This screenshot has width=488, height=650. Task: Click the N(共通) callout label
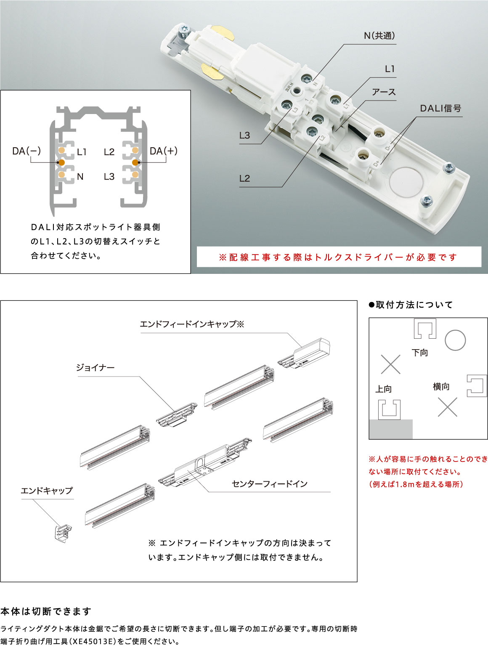pos(379,36)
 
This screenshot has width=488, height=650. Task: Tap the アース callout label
pos(384,92)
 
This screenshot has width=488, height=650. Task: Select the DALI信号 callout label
pos(440,109)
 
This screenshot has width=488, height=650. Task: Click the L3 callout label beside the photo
pos(244,135)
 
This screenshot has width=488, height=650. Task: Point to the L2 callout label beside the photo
pos(244,178)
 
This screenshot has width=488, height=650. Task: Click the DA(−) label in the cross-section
pos(27,151)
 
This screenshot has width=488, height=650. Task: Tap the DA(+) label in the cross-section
pos(164,151)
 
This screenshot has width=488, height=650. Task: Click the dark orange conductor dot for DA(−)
pos(61,162)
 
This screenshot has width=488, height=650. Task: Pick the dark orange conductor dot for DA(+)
pos(135,162)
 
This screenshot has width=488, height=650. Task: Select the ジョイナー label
pos(95,368)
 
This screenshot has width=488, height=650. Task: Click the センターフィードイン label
pos(270,484)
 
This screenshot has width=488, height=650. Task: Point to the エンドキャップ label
pos(47,491)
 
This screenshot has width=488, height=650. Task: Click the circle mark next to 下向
pos(455,330)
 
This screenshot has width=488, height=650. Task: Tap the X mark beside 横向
pos(448,407)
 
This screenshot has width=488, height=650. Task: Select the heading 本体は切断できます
pos(46,611)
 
